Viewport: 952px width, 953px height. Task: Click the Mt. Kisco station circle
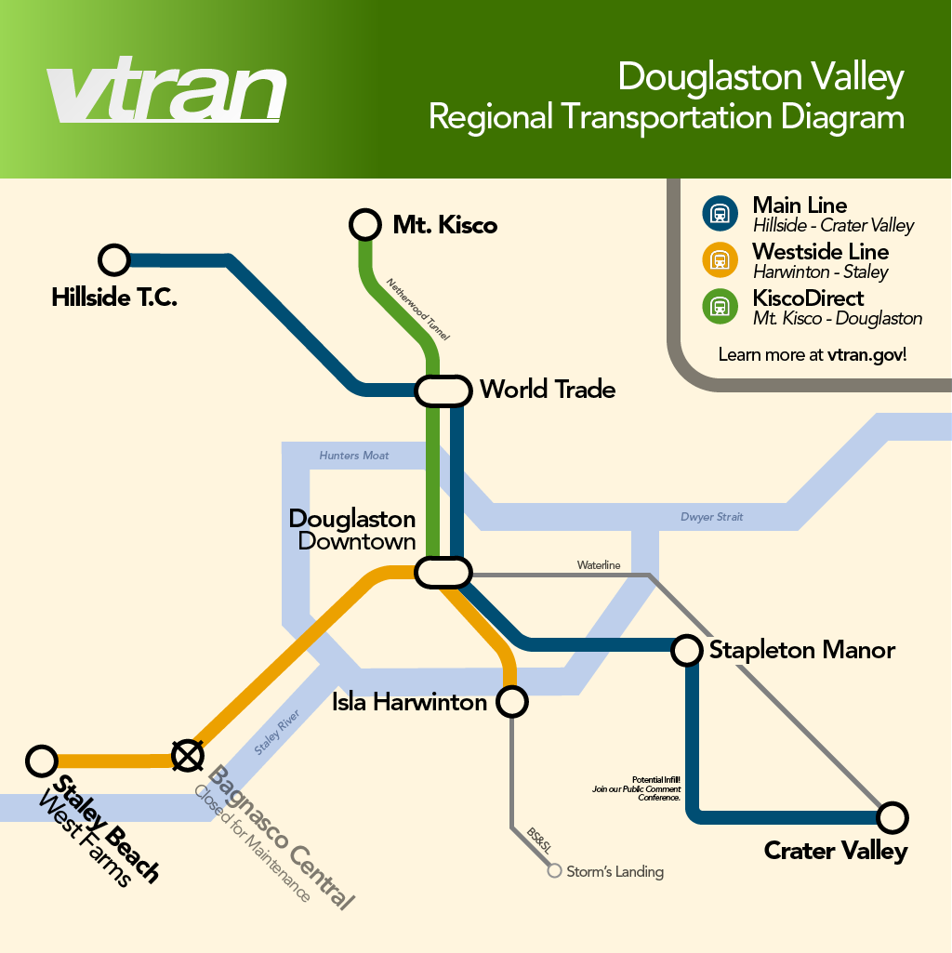pyautogui.click(x=365, y=224)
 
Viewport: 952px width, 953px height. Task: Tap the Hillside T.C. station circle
pyautogui.click(x=114, y=260)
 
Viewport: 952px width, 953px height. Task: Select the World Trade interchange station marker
pyautogui.click(x=443, y=390)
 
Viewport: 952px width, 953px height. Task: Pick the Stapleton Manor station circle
pyautogui.click(x=686, y=650)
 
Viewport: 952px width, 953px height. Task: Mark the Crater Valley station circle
pyautogui.click(x=892, y=817)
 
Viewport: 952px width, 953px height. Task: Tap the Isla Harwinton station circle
pyautogui.click(x=512, y=701)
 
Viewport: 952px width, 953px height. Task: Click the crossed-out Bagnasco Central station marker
pyautogui.click(x=188, y=756)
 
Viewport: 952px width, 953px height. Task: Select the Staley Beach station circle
pyautogui.click(x=42, y=761)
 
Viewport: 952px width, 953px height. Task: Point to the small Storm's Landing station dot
pyautogui.click(x=555, y=871)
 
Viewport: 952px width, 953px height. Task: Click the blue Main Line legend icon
pyautogui.click(x=720, y=213)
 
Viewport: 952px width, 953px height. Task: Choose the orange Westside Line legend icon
pyautogui.click(x=720, y=259)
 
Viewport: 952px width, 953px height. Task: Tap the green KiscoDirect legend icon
pyautogui.click(x=720, y=306)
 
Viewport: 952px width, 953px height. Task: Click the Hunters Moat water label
pyautogui.click(x=354, y=456)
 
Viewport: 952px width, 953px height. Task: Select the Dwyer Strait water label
pyautogui.click(x=711, y=517)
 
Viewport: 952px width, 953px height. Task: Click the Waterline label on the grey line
pyautogui.click(x=598, y=565)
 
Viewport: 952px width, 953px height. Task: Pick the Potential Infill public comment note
pyautogui.click(x=637, y=788)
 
